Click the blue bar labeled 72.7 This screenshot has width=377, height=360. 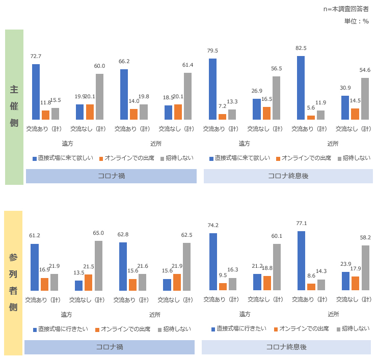point(36,92)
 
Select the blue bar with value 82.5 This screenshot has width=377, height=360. point(301,88)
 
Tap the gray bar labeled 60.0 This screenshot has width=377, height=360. point(99,97)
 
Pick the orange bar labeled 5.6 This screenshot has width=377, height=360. point(311,118)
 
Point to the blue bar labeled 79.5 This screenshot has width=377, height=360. point(212,89)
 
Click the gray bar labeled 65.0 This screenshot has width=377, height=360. point(98,266)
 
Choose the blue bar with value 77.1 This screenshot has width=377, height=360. point(301,261)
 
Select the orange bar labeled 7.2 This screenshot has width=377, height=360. point(222,117)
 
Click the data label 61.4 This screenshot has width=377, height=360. point(188,65)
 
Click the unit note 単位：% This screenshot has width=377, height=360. point(356,21)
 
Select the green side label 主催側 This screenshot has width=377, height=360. point(14,107)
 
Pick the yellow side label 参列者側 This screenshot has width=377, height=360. point(14,283)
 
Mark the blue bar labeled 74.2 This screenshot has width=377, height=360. point(212,262)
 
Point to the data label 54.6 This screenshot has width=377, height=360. point(365,70)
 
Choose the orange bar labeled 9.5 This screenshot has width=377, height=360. point(222,287)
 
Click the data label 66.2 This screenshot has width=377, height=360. point(124,61)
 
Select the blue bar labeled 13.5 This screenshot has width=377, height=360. point(78,286)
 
